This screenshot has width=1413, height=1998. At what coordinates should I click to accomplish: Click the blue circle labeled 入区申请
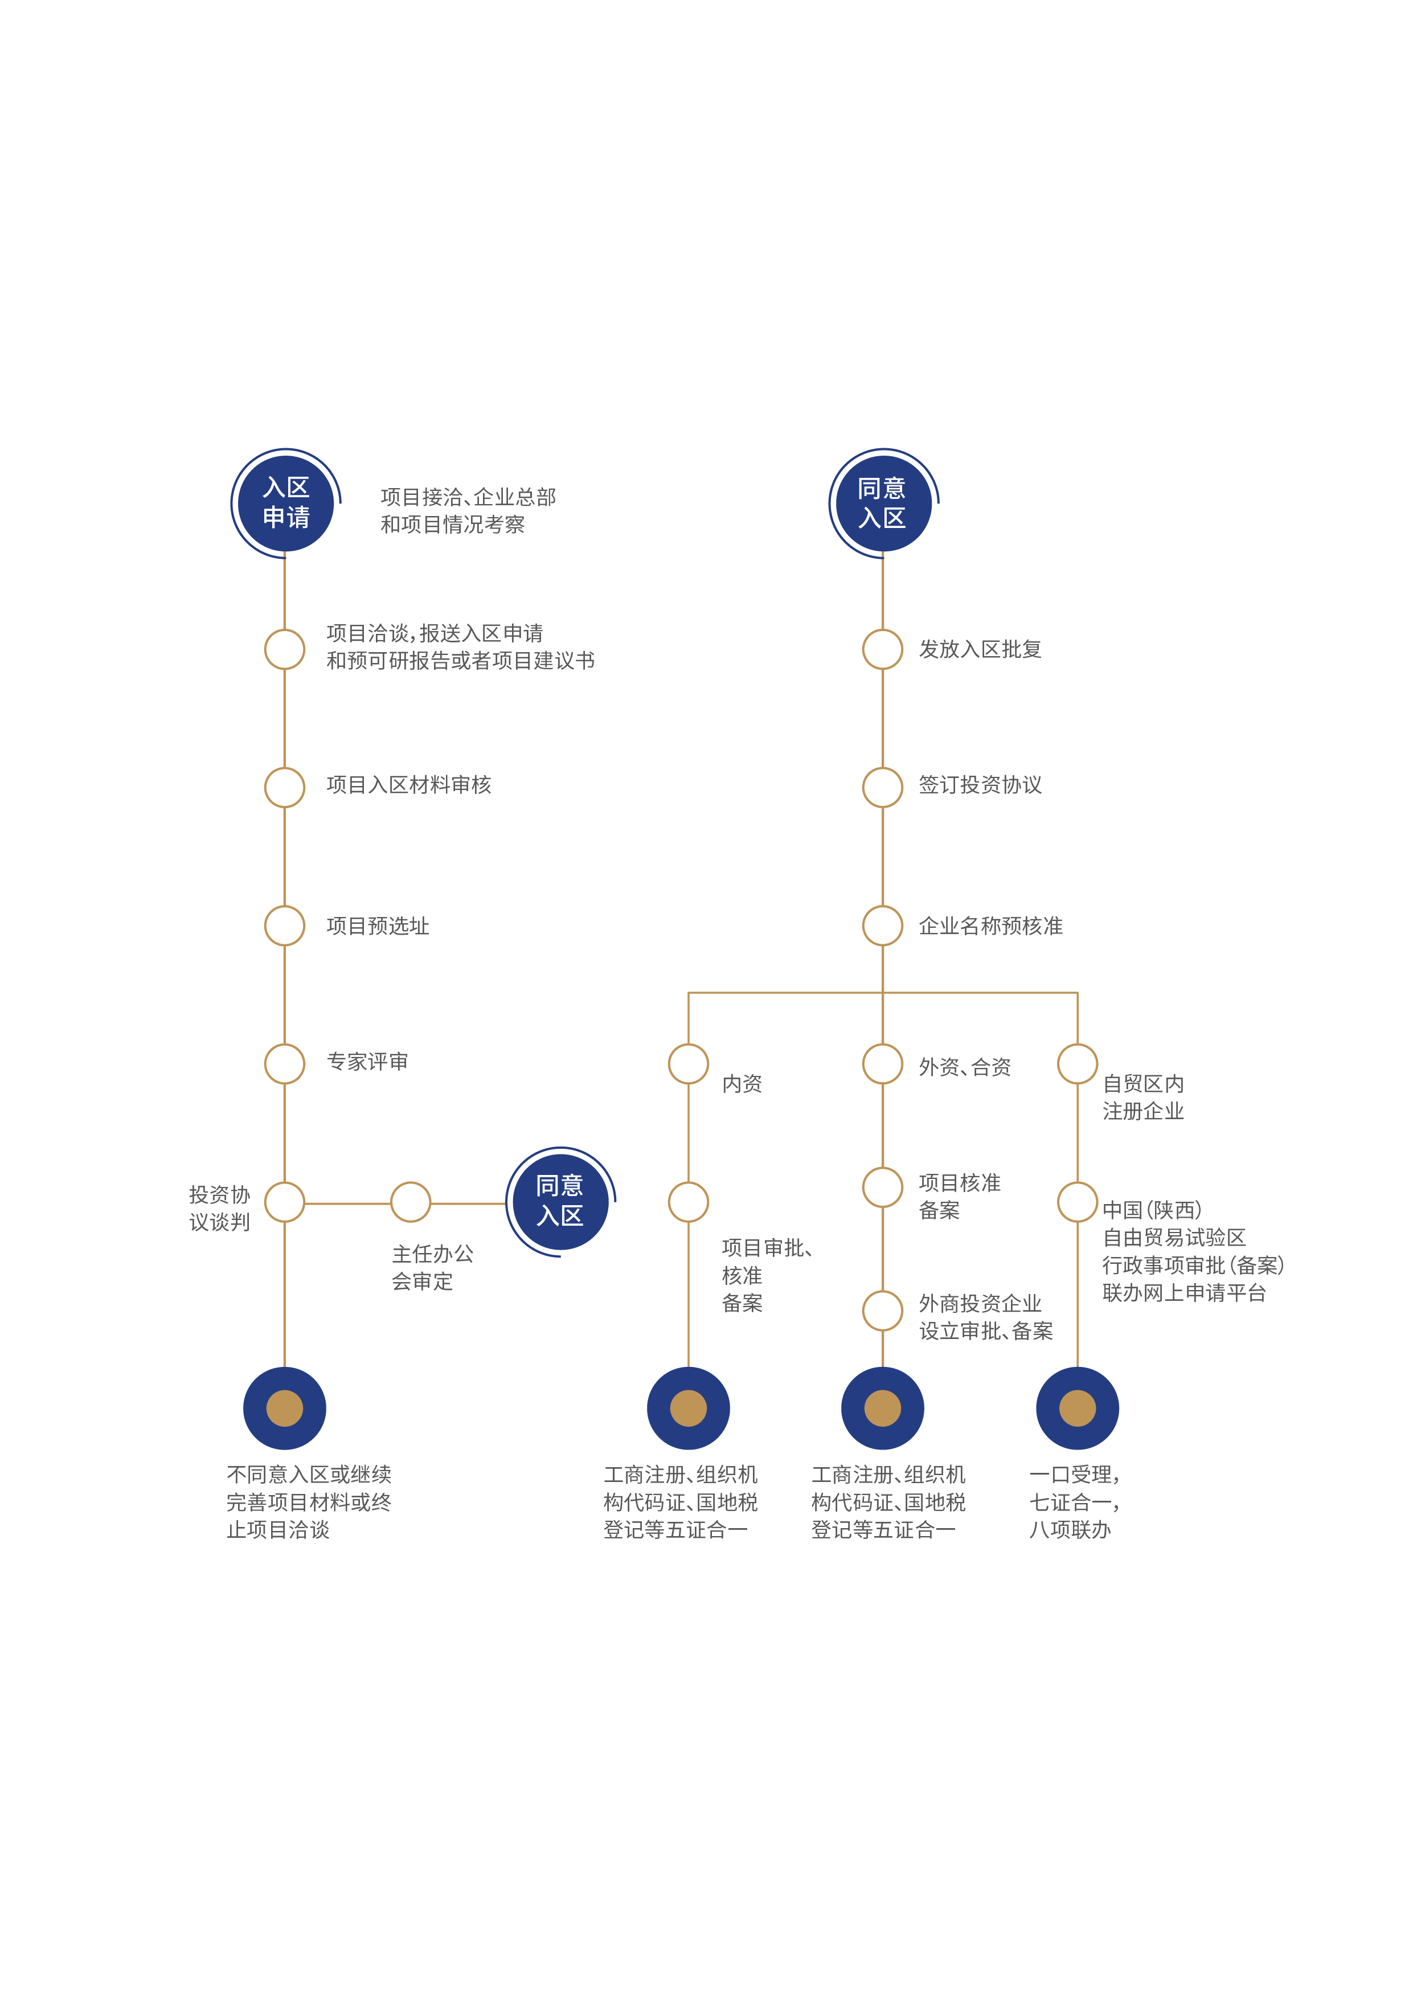click(x=285, y=503)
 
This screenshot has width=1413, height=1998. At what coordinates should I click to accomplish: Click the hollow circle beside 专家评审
click(x=285, y=1063)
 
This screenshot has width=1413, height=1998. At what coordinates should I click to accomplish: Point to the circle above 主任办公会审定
click(x=411, y=1203)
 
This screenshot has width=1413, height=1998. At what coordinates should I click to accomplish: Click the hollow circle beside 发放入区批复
click(x=882, y=649)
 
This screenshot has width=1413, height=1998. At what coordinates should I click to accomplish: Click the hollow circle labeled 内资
click(x=688, y=1063)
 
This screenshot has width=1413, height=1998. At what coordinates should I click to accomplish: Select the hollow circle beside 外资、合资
click(x=882, y=1063)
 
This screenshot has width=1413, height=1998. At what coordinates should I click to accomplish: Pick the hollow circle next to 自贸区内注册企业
click(x=1077, y=1063)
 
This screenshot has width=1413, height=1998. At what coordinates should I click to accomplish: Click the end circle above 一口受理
click(x=1077, y=1408)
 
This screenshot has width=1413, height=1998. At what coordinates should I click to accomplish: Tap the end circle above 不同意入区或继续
click(x=285, y=1408)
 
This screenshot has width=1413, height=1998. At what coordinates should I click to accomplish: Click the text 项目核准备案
click(x=959, y=1195)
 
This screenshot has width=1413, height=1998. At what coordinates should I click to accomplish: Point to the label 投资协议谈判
click(x=219, y=1208)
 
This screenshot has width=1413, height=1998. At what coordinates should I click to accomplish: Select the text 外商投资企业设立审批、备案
click(x=985, y=1317)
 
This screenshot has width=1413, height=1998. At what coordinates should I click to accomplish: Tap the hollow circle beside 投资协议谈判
click(x=285, y=1203)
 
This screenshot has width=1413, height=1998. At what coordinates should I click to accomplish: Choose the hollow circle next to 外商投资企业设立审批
click(x=882, y=1311)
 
